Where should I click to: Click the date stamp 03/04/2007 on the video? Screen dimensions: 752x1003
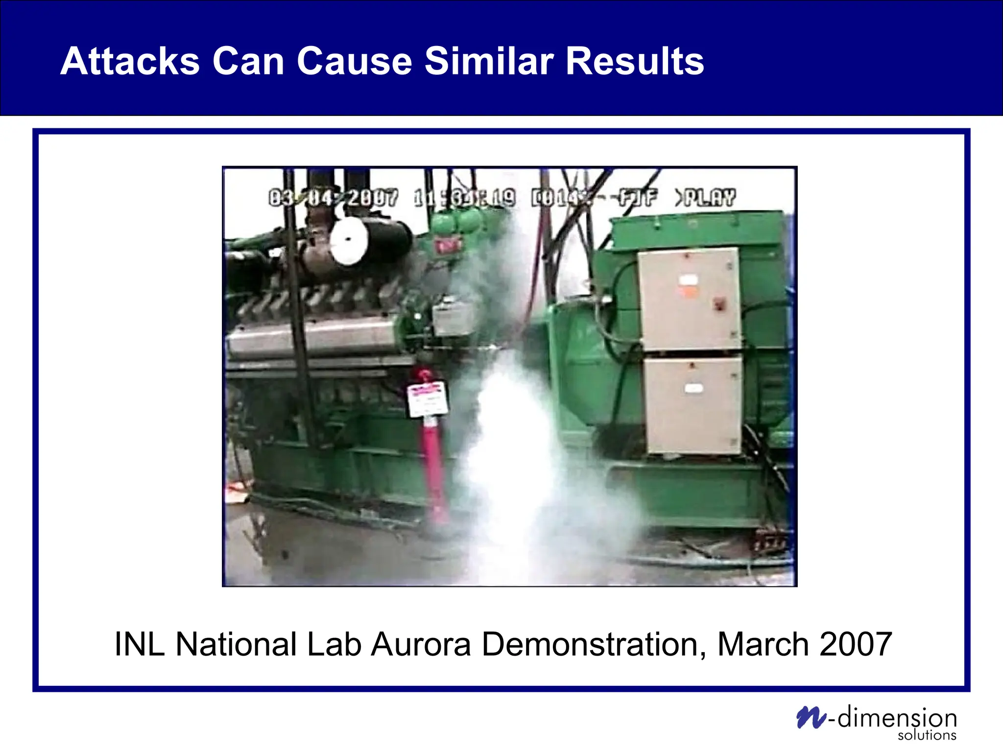point(333,198)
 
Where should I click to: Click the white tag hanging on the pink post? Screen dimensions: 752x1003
point(427,399)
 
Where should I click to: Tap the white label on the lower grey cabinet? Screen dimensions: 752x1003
point(693,388)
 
